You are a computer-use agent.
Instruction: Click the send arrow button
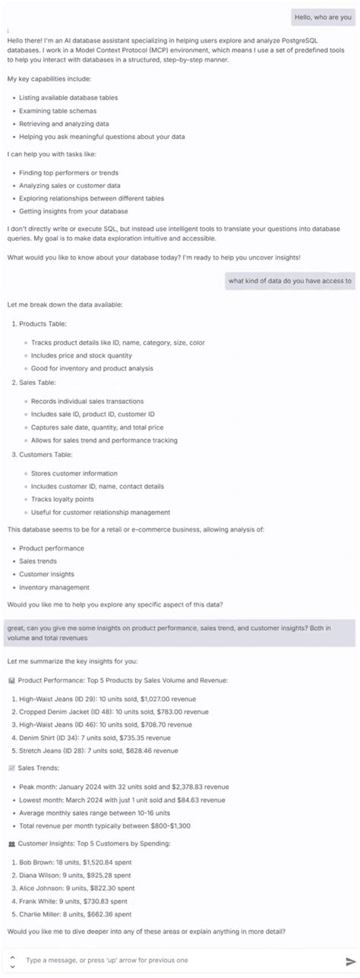[350, 961]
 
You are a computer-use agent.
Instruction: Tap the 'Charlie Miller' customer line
[75, 914]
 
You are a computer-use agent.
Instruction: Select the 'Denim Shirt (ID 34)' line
[91, 737]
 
